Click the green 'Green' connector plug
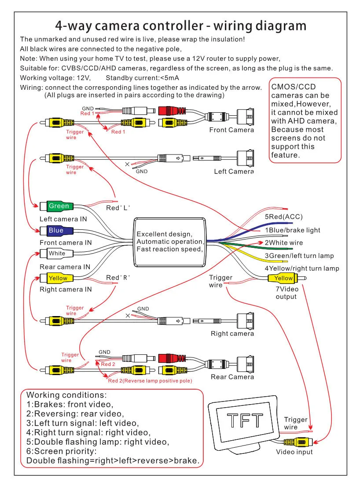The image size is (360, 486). [57, 206]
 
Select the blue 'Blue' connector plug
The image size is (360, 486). [57, 231]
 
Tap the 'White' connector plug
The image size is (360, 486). [57, 254]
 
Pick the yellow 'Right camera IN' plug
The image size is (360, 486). [57, 278]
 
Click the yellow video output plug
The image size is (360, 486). [287, 278]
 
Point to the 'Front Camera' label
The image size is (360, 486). [231, 130]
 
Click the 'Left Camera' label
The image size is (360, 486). [234, 171]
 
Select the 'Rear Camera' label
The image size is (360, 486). [232, 377]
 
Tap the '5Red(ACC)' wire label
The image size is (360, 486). [283, 217]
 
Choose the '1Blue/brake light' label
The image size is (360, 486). [293, 230]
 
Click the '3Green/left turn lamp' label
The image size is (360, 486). [299, 256]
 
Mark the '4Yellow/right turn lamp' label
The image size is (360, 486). [302, 269]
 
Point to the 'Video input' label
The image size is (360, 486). [294, 452]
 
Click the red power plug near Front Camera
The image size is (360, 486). [172, 110]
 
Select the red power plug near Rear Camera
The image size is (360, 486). [172, 358]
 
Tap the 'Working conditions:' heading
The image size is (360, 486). [66, 395]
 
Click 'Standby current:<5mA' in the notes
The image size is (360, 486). [143, 78]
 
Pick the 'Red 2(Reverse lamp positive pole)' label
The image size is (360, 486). [150, 381]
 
